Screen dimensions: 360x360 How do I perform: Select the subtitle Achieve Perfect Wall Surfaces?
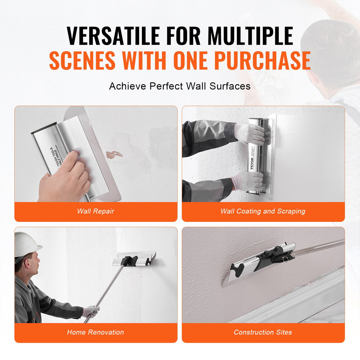[180, 86]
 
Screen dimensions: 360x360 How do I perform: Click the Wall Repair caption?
[95, 211]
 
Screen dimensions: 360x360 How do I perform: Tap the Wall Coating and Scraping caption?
[263, 211]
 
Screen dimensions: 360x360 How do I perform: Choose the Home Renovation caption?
[95, 332]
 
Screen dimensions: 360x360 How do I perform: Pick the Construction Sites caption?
[263, 332]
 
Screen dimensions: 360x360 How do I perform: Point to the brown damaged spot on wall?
[114, 154]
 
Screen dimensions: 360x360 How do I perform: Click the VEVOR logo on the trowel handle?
[252, 163]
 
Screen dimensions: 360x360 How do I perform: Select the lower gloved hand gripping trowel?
[249, 180]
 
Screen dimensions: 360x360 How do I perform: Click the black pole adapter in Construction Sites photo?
[274, 257]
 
